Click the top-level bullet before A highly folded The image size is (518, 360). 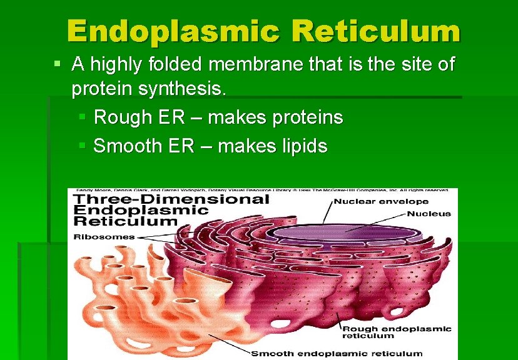[x=58, y=63]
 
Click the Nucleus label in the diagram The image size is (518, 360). [x=429, y=213]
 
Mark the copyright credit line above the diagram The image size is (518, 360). [x=263, y=190]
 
